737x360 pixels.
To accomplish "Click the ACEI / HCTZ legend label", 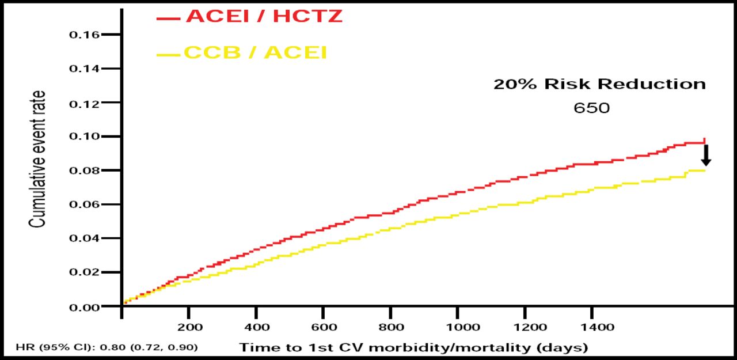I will click(x=264, y=17).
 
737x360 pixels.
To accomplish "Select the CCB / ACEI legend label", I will click(x=256, y=53).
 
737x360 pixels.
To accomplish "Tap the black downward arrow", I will click(x=706, y=155).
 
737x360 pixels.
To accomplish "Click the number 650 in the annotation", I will click(x=591, y=108).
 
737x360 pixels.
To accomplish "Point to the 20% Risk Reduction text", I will click(x=599, y=84).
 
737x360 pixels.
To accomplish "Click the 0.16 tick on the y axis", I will click(x=85, y=35).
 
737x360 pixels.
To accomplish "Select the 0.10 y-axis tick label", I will click(x=85, y=137).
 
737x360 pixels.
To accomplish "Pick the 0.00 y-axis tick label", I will click(x=85, y=306).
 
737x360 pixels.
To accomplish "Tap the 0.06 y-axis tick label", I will click(x=85, y=204).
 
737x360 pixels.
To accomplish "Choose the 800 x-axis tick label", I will click(x=391, y=327).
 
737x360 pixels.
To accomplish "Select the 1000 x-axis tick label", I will click(x=458, y=327).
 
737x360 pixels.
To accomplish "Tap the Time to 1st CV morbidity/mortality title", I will click(x=413, y=347).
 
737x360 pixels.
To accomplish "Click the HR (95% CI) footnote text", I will click(x=107, y=347).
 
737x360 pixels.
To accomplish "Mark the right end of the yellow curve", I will click(x=705, y=170).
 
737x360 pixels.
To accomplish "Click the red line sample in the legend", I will click(x=169, y=18).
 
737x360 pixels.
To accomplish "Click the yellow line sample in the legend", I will click(x=169, y=55).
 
